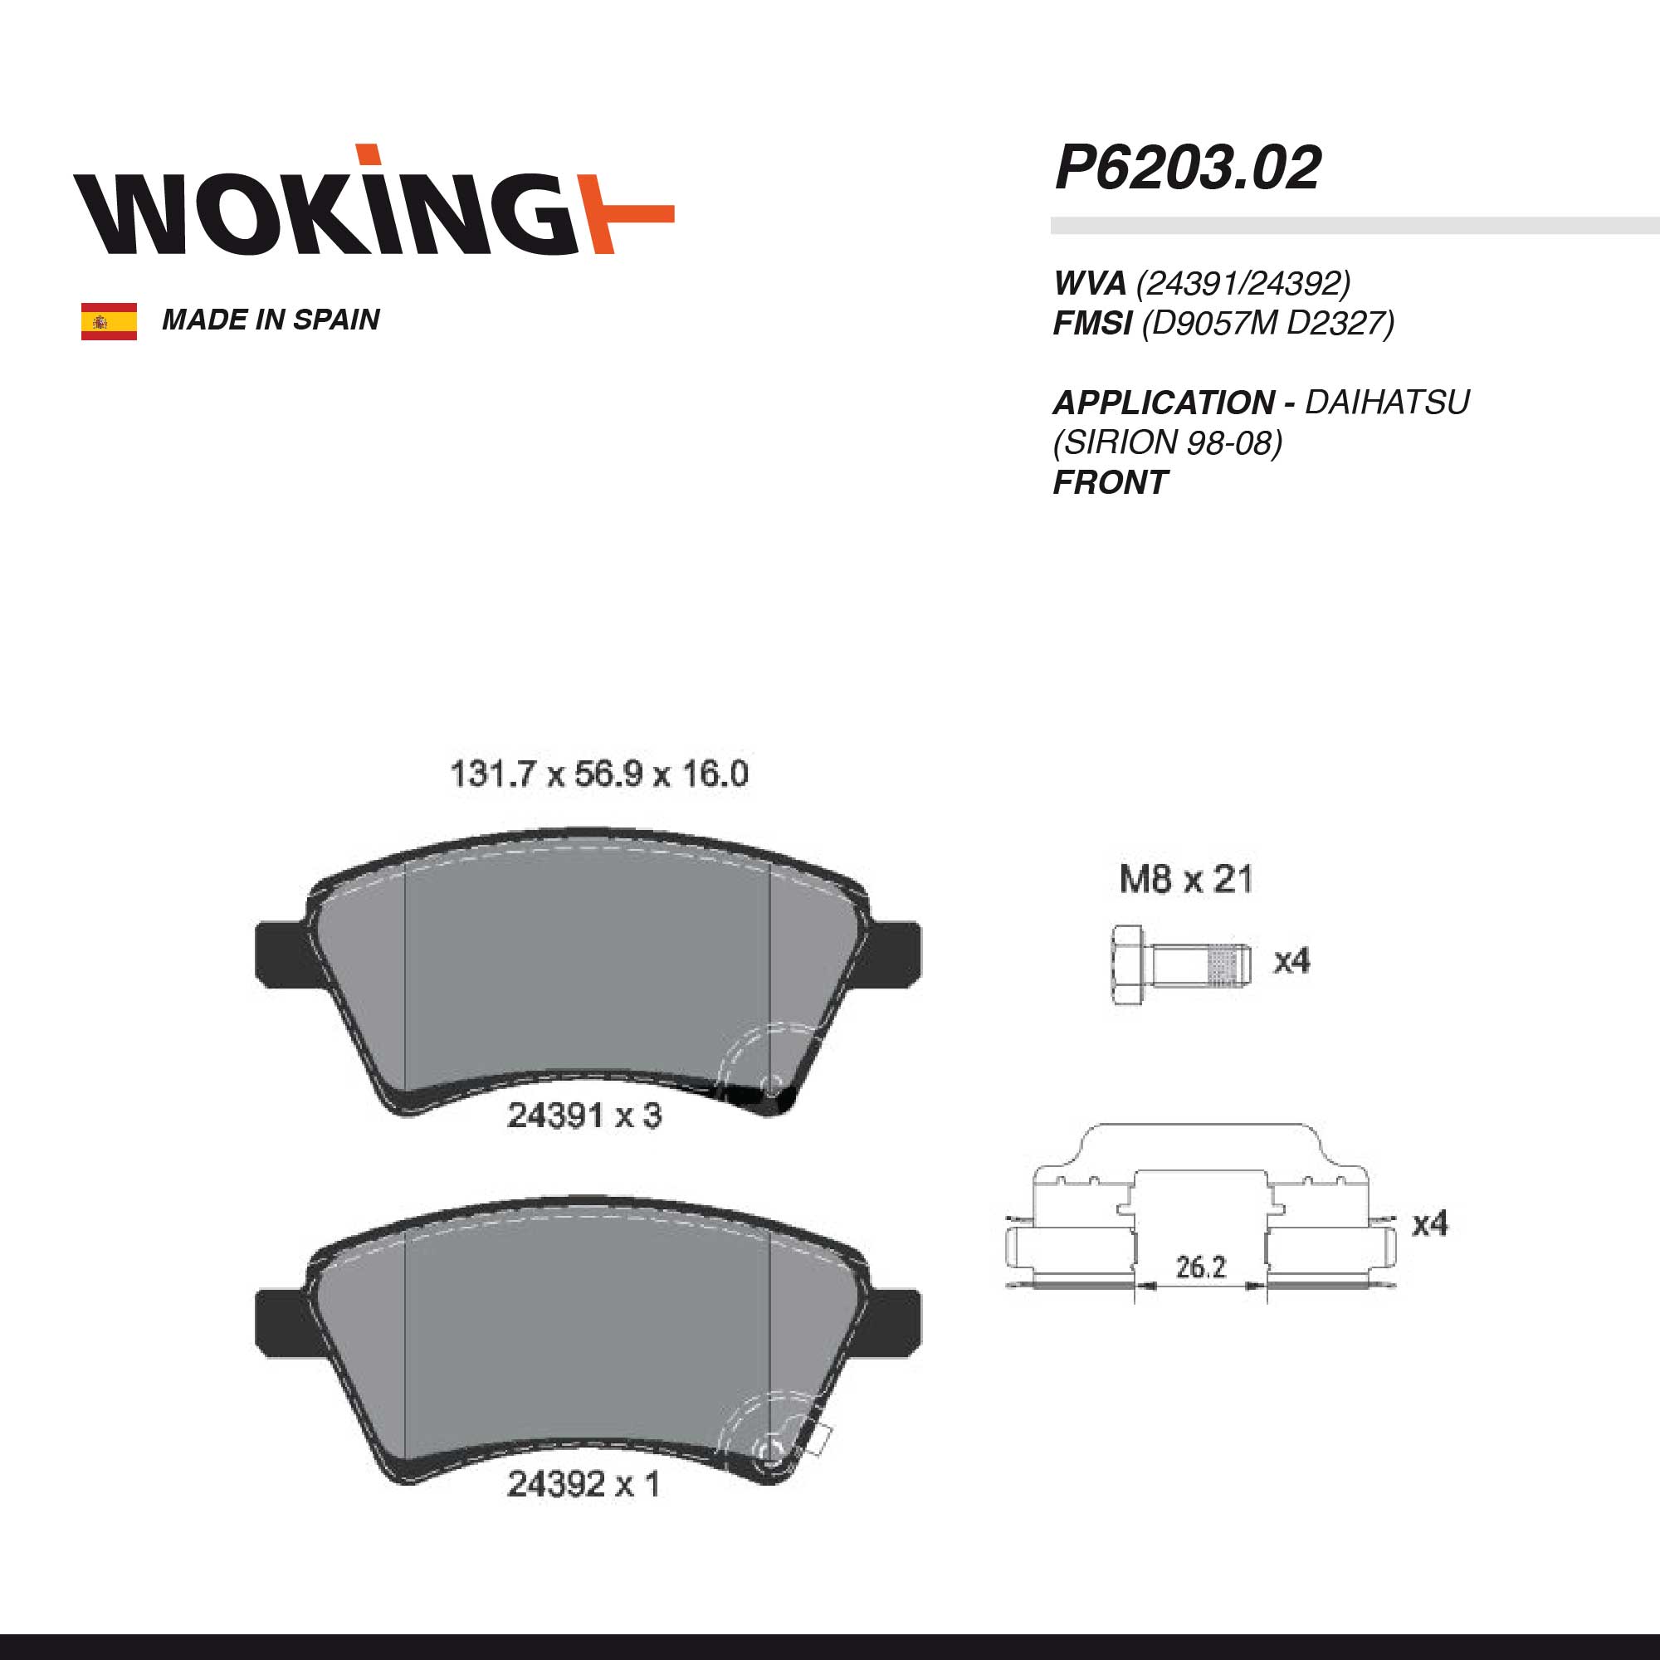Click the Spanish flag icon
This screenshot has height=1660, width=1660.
pyautogui.click(x=109, y=321)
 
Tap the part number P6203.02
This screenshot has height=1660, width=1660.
pyautogui.click(x=1188, y=168)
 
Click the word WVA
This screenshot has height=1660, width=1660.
pyautogui.click(x=1091, y=283)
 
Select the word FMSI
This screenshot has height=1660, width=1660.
pyautogui.click(x=1092, y=323)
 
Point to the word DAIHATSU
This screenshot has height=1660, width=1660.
pyautogui.click(x=1387, y=402)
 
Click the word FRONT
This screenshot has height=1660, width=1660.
pyautogui.click(x=1110, y=483)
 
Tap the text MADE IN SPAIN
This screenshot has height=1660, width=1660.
pyautogui.click(x=271, y=320)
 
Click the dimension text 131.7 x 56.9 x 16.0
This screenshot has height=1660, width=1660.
pyautogui.click(x=599, y=774)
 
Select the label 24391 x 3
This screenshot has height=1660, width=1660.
pyautogui.click(x=584, y=1116)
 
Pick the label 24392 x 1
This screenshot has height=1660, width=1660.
pyautogui.click(x=583, y=1484)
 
